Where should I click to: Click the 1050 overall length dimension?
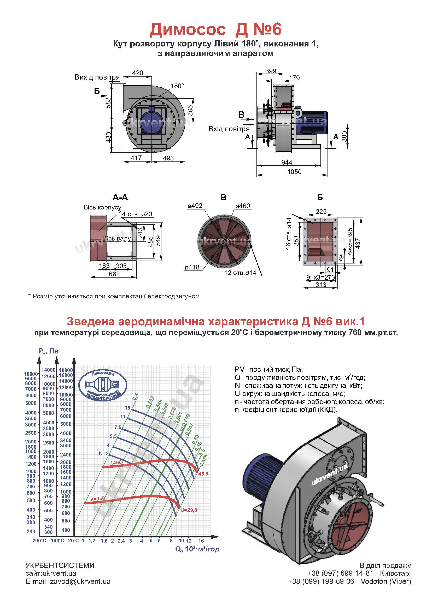(x=294, y=172)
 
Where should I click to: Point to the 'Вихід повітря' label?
(x=97, y=77)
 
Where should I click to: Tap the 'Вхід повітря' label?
(x=229, y=129)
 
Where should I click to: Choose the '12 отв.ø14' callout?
(x=240, y=273)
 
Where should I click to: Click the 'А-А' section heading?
(x=120, y=197)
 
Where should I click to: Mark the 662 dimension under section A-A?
(x=114, y=274)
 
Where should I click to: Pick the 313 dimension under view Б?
(x=321, y=285)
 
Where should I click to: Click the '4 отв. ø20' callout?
(x=137, y=214)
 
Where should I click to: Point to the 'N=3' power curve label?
(x=104, y=453)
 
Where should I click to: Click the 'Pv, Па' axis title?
(x=48, y=351)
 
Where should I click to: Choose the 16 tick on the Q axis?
(x=201, y=540)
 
